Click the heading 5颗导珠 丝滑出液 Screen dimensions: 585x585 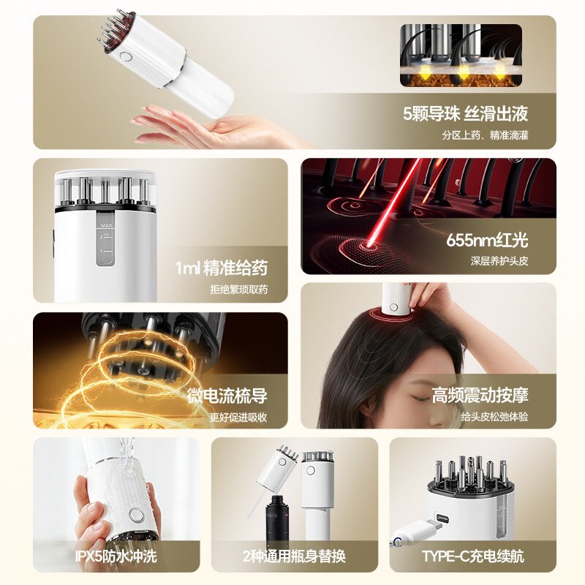[465, 113]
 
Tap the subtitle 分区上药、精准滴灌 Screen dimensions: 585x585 [485, 135]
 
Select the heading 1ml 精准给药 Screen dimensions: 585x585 [222, 268]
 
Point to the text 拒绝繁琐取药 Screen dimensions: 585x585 [239, 289]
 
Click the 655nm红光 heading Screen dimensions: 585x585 [487, 240]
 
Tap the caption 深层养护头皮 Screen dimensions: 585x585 [499, 261]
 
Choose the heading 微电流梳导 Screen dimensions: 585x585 [227, 396]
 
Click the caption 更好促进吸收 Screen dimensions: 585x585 [238, 417]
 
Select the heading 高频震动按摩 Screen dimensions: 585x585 [480, 396]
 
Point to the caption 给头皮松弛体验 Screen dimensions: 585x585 [494, 417]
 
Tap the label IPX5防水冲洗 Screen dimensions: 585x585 [116, 556]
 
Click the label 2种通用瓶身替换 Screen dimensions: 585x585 [294, 556]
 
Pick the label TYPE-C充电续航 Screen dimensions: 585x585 [473, 556]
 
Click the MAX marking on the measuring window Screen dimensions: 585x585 [106, 226]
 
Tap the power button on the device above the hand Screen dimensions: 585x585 [126, 58]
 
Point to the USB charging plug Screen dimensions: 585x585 [415, 529]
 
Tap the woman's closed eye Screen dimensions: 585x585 [420, 399]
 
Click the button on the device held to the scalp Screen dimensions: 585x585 [394, 307]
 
